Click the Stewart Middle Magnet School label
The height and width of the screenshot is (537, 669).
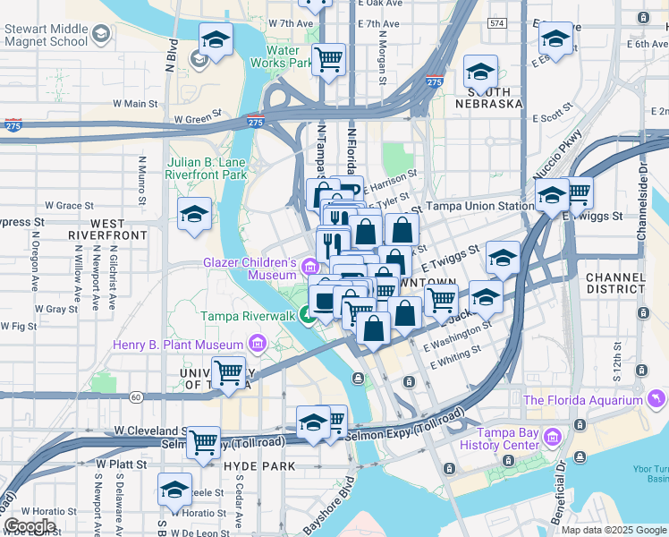45,34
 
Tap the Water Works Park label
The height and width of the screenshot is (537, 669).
283,56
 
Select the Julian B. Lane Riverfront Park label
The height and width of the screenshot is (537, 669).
207,169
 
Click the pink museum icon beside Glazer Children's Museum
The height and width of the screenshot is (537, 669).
309,266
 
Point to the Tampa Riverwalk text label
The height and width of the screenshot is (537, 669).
247,316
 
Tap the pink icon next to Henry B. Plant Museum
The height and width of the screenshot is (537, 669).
258,345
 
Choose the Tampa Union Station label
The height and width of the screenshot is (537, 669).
479,206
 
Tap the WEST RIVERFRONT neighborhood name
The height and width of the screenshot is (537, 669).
107,229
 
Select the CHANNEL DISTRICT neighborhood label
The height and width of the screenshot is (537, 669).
614,284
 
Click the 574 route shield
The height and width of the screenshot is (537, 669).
497,21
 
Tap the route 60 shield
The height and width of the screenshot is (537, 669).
136,396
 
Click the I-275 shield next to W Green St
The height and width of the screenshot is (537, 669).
255,122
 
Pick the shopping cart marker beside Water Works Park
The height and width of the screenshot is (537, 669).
329,59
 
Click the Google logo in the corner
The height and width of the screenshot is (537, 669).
30,526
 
